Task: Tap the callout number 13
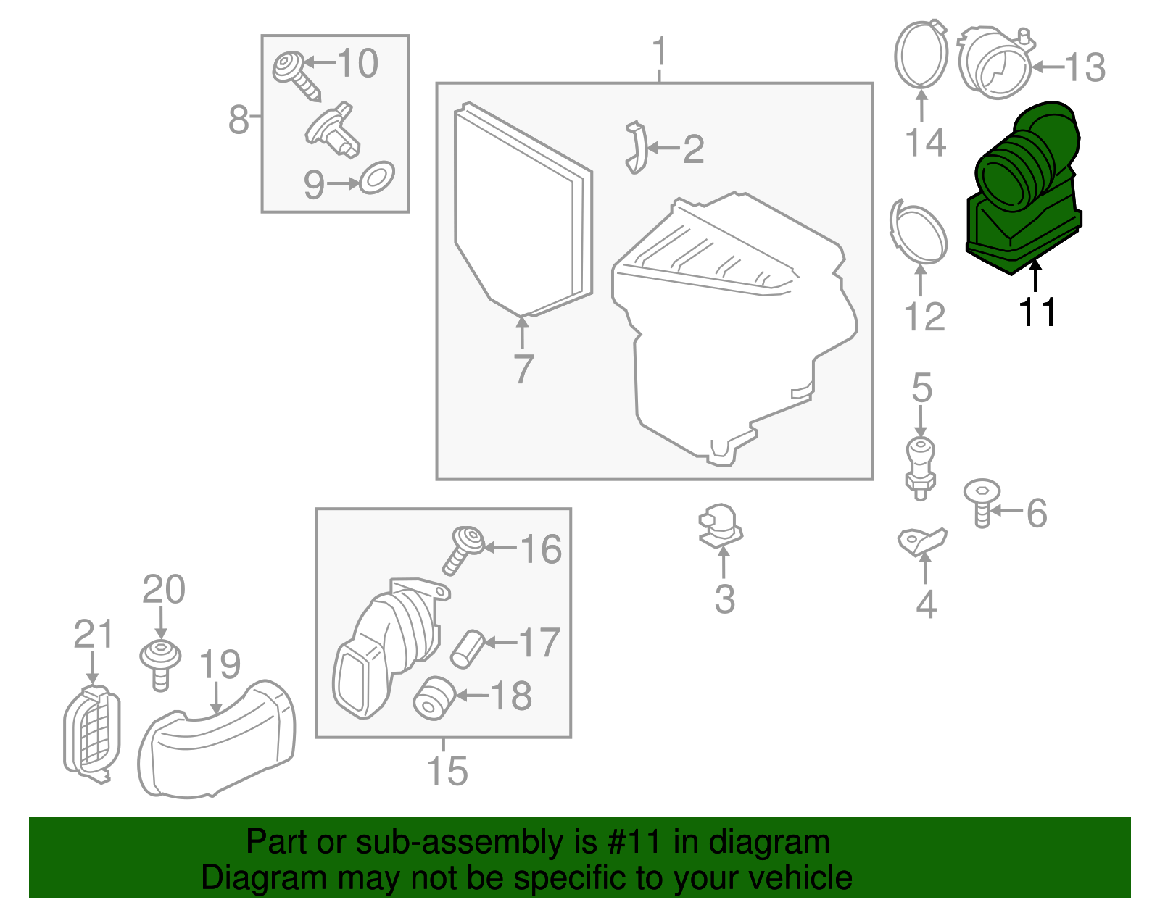(x=1085, y=68)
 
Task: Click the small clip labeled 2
(x=636, y=148)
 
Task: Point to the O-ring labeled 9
(x=377, y=178)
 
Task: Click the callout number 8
(x=239, y=120)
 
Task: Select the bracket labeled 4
(x=921, y=541)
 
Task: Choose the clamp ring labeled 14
(x=921, y=54)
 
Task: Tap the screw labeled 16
(x=463, y=550)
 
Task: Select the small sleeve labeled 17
(x=468, y=648)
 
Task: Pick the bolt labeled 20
(x=160, y=663)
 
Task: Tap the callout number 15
(x=447, y=771)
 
